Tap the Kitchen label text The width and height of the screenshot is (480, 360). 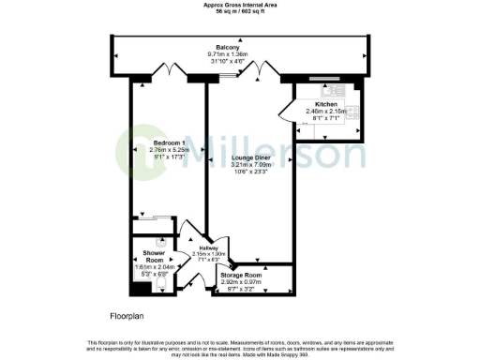326,104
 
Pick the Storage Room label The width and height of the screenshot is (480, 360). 243,275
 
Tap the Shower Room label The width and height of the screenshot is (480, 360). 154,257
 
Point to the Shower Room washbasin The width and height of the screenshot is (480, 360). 136,283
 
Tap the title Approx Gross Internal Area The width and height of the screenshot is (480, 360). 240,4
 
